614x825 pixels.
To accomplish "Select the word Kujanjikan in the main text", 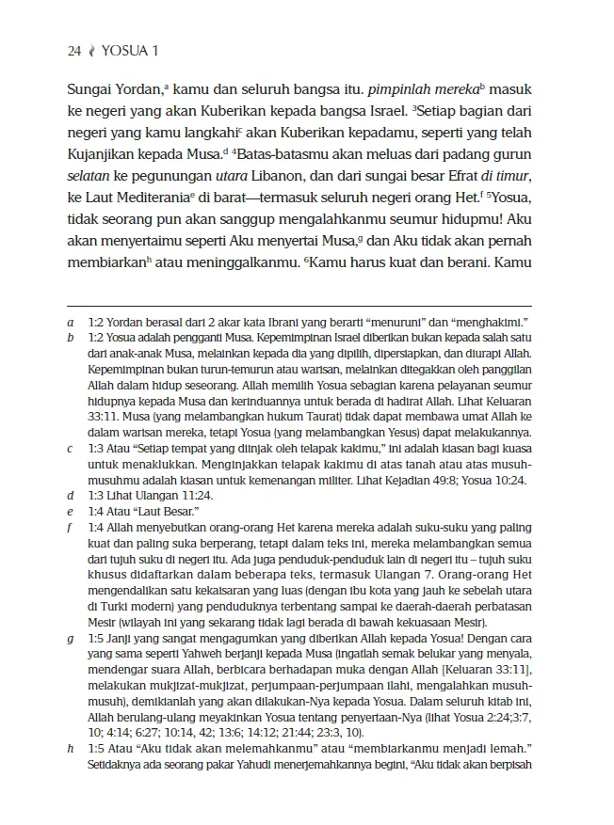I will point(105,151).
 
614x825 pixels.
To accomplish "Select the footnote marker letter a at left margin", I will point(71,323).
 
